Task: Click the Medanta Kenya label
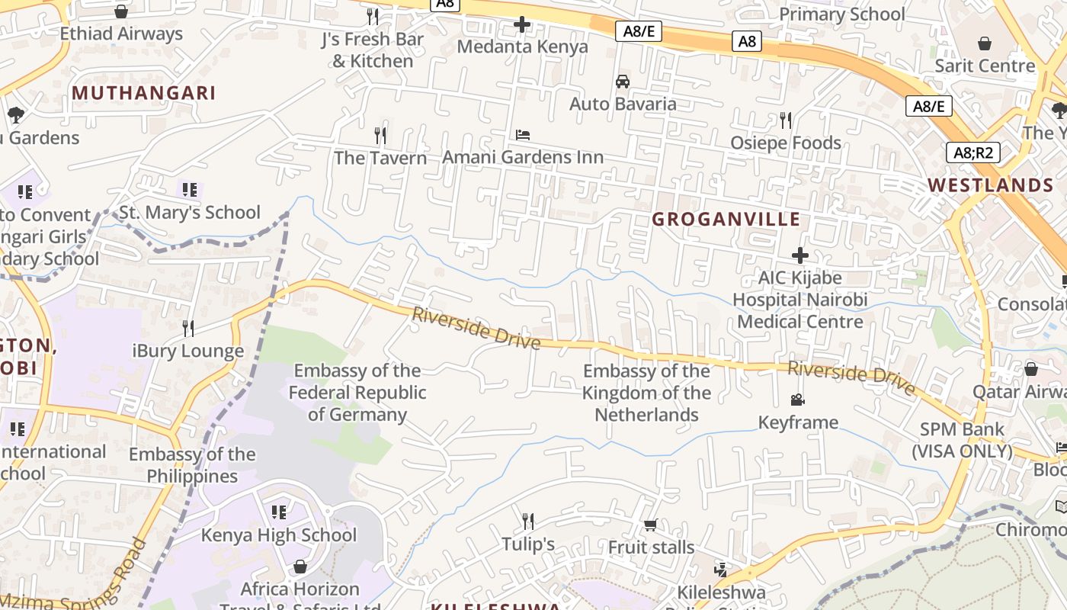(522, 47)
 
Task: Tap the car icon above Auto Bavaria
(623, 82)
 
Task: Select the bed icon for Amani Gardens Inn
(523, 136)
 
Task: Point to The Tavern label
(380, 158)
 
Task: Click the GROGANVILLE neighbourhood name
(726, 220)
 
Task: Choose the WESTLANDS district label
(991, 185)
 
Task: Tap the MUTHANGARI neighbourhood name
(144, 93)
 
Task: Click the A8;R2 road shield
(973, 152)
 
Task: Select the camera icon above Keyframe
(798, 400)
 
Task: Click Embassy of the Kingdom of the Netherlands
(646, 393)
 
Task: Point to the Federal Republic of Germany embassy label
(357, 393)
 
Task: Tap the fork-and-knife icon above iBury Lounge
(187, 329)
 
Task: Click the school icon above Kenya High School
(279, 512)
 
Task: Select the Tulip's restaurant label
(528, 544)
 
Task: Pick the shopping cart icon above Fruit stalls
(650, 525)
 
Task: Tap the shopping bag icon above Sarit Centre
(985, 43)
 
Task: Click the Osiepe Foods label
(786, 143)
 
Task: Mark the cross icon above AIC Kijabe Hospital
(800, 255)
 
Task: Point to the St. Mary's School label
(190, 212)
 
